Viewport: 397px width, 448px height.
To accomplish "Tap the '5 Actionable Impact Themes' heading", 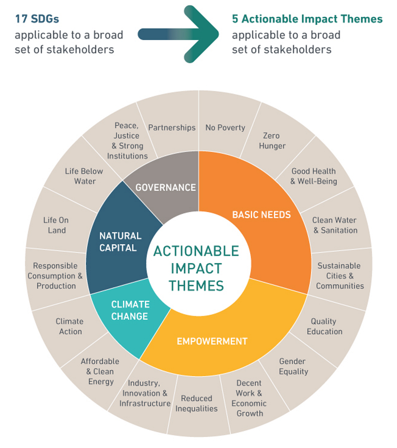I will point(307,19).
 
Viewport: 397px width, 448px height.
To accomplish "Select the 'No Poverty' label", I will point(225,127).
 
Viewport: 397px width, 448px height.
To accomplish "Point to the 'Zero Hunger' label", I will point(272,141).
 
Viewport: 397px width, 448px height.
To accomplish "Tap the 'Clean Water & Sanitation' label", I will point(334,225).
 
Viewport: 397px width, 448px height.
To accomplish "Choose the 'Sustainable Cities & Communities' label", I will point(339,276).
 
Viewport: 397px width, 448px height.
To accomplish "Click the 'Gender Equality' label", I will point(292,366).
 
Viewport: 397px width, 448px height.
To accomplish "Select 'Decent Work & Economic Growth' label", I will point(249,398).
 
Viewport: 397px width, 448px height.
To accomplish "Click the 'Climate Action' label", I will point(69,326).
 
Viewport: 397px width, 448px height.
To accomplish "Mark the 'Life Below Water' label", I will point(84,176).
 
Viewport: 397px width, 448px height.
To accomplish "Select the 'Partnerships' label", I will point(172,127).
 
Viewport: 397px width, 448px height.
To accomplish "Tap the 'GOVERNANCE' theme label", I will point(166,187).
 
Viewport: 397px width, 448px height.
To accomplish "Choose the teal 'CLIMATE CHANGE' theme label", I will point(130,310).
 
